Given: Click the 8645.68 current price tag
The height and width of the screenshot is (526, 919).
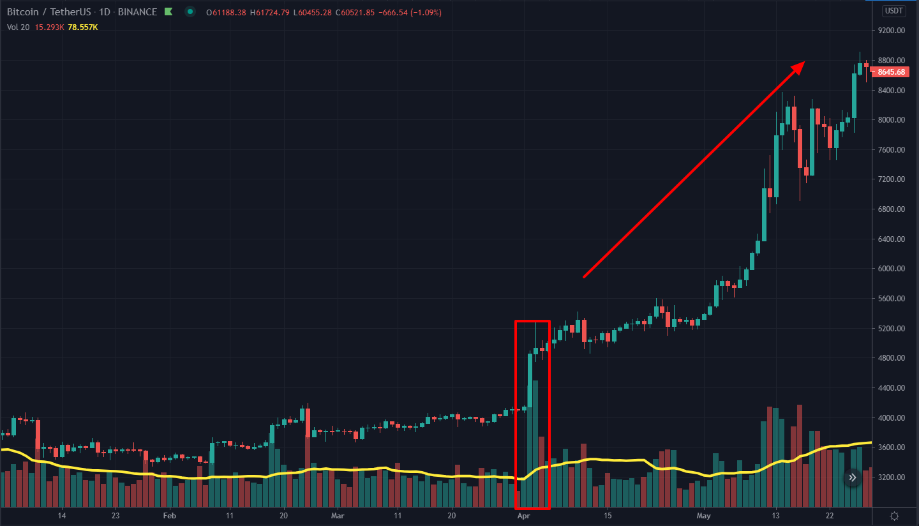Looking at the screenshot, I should pyautogui.click(x=892, y=71).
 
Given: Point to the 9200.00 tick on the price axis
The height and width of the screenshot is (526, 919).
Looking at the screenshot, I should pyautogui.click(x=892, y=31).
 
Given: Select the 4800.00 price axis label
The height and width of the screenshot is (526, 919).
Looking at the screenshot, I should pyautogui.click(x=892, y=358).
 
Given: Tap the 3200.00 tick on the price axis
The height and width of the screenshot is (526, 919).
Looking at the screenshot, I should pyautogui.click(x=892, y=477).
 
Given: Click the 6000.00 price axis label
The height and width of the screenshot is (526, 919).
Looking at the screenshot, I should pyautogui.click(x=892, y=269).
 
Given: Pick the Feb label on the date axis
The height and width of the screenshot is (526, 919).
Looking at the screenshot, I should pyautogui.click(x=169, y=516).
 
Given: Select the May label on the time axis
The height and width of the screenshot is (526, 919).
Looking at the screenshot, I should pyautogui.click(x=704, y=516).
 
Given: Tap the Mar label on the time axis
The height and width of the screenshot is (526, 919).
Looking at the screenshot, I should pyautogui.click(x=338, y=516).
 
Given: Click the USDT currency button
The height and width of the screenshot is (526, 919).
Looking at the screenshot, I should pyautogui.click(x=893, y=11).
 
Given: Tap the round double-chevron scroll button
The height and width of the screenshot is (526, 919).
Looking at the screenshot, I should pyautogui.click(x=852, y=477).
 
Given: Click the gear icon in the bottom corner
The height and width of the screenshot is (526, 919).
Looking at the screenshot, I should pyautogui.click(x=894, y=516).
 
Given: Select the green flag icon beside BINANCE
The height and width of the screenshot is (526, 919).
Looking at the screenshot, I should pyautogui.click(x=168, y=12).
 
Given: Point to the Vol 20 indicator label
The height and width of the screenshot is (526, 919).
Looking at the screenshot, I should pyautogui.click(x=18, y=27).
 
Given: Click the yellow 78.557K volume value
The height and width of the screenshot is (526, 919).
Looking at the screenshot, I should pyautogui.click(x=82, y=27).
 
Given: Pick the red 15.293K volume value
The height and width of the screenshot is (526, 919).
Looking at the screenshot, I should pyautogui.click(x=50, y=27).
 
